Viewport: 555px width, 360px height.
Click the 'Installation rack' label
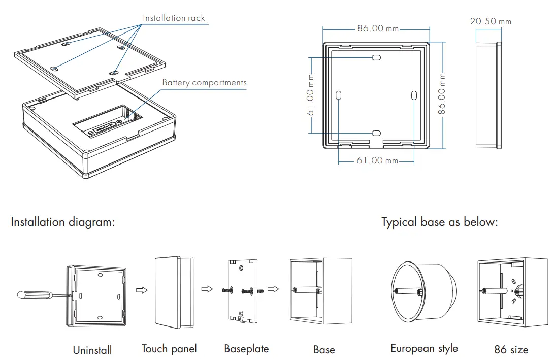coord(174,18)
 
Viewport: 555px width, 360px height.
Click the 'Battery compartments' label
coord(204,83)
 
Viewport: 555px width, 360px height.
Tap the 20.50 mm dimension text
coord(491,21)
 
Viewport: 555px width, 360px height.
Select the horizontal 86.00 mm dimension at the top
coord(378,28)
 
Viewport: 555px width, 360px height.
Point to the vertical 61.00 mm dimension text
coord(311,95)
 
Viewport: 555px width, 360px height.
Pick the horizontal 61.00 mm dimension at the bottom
coord(377,161)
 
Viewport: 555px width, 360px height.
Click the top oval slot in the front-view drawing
coord(376,58)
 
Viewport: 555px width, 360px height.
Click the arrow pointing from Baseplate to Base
coord(273,289)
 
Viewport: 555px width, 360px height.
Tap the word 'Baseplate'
coord(246,349)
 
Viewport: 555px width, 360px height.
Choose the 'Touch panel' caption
coord(169,349)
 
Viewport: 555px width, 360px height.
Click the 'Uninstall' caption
coord(92,350)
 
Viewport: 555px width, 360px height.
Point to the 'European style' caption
coord(424,348)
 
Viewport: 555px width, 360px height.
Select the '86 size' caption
coord(511,350)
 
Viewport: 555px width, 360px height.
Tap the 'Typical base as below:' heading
coord(439,222)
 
